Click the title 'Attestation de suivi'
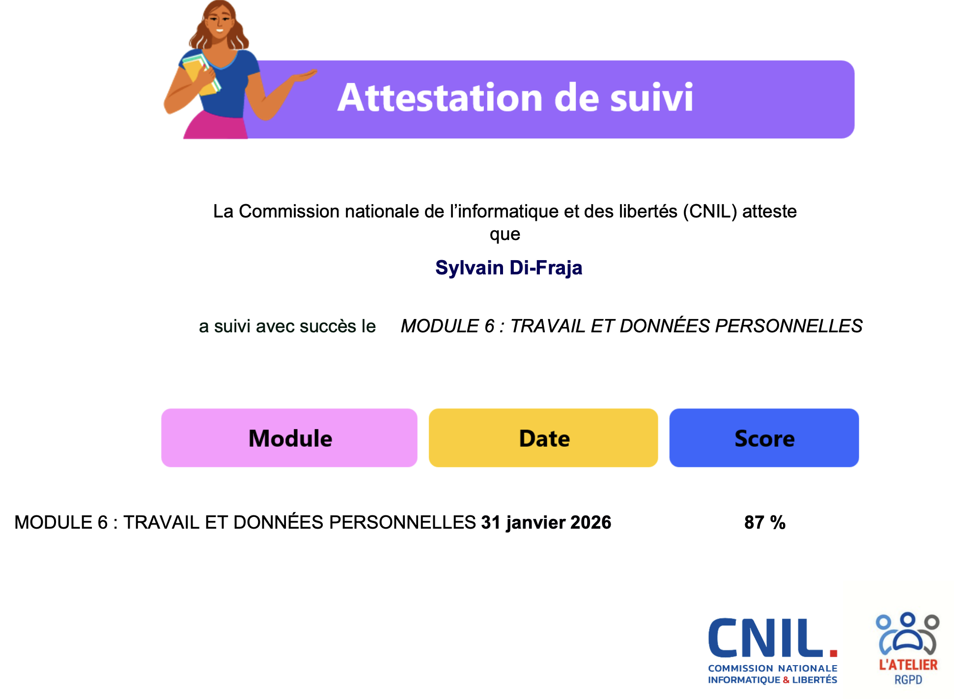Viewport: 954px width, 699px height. coord(515,98)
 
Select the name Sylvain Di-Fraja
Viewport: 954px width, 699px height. coord(509,268)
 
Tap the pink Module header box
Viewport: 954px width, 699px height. coord(289,438)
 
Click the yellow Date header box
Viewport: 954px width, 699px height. coord(543,438)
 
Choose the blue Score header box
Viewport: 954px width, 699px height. coord(764,438)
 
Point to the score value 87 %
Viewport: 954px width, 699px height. coord(765,522)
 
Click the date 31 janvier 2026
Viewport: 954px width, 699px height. coord(546,523)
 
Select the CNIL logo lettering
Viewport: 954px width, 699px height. coord(772,638)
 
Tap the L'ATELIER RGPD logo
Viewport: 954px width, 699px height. coord(908,648)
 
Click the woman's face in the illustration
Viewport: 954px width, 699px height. coord(219,23)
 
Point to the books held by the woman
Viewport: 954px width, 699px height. coord(200,74)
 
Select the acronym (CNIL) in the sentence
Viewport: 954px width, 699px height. coord(710,212)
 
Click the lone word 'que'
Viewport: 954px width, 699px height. coord(505,235)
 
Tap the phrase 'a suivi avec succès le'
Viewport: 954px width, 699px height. coord(287,326)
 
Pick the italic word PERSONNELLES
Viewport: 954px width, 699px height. coord(788,326)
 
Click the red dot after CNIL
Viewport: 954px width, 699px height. coord(833,653)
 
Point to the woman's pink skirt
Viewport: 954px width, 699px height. coord(216,126)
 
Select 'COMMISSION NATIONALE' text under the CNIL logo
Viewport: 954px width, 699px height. coord(773,668)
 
